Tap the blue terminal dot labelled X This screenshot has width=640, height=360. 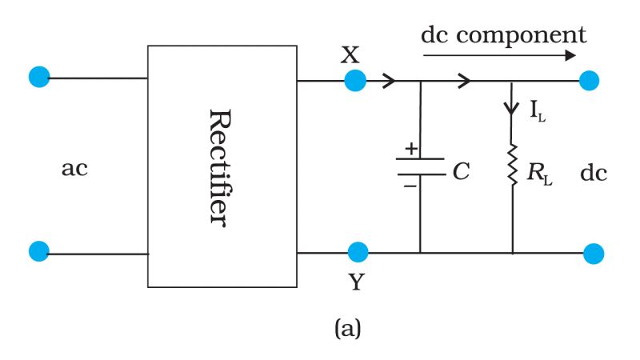tap(355, 80)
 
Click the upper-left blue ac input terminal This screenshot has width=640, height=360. tap(38, 77)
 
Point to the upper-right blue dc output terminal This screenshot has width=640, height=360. tap(589, 80)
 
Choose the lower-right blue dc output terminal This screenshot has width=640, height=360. tap(593, 254)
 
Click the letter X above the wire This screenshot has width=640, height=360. tap(350, 54)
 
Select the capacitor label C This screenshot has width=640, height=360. tap(461, 171)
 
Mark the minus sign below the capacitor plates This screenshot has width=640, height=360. tap(410, 185)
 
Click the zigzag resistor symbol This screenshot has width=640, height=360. tap(512, 164)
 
